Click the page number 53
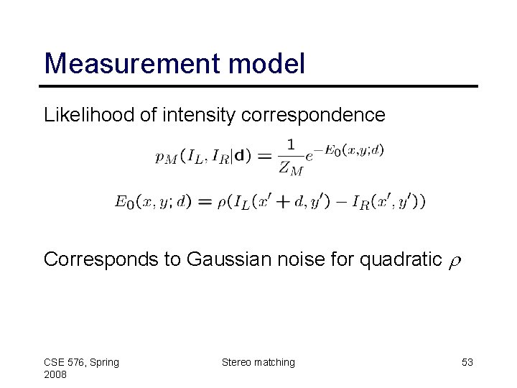pos(467,362)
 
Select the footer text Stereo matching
pos(258,362)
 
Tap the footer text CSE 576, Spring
pos(81,362)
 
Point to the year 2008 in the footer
pos(56,376)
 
